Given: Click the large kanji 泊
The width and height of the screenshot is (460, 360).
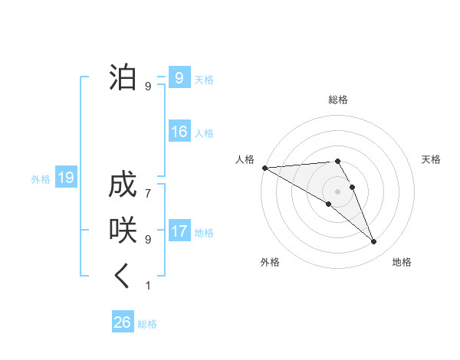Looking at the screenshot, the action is tap(123, 77).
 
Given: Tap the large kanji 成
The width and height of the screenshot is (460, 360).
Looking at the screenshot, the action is tap(123, 186).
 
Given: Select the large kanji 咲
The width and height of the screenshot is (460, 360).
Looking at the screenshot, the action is tap(123, 230).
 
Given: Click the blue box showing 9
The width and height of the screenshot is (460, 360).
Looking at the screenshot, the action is tap(179, 78).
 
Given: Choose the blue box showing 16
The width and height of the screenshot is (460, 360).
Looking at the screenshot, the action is tap(179, 132).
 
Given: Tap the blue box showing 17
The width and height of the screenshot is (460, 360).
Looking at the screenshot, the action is tap(179, 231).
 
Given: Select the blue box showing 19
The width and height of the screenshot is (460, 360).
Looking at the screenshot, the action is tap(65, 178).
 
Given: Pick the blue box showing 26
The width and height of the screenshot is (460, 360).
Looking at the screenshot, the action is tap(122, 322).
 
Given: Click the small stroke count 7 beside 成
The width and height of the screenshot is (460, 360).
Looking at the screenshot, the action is tap(148, 186).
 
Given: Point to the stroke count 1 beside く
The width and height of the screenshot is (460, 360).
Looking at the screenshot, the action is tap(148, 286).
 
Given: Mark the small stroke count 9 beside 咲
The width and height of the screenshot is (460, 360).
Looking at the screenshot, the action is tap(148, 240).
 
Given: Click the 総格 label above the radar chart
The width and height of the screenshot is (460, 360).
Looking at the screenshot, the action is tap(338, 100).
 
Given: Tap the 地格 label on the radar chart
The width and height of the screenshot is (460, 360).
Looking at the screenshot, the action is tap(402, 262).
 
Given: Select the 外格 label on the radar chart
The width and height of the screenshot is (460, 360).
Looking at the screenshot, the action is tap(270, 262).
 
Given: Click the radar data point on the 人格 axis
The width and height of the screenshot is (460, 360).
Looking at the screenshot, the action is tap(264, 168).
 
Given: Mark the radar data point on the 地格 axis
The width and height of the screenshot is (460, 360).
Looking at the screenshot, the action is tap(374, 242).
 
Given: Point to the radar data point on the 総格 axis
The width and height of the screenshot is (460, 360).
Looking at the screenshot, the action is tap(337, 161).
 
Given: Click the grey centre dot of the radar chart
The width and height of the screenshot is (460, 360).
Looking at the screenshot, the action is tap(337, 191).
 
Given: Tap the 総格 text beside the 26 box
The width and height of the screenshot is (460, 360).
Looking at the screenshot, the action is tap(147, 324).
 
